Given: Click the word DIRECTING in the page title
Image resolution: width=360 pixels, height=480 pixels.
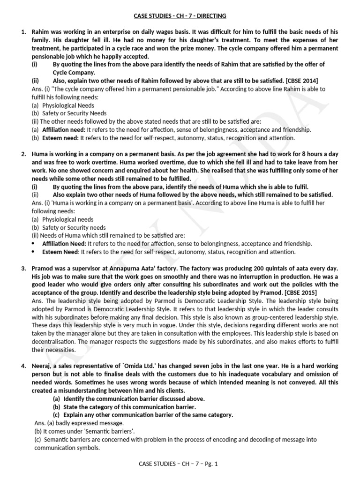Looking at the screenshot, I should tap(211, 15).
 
